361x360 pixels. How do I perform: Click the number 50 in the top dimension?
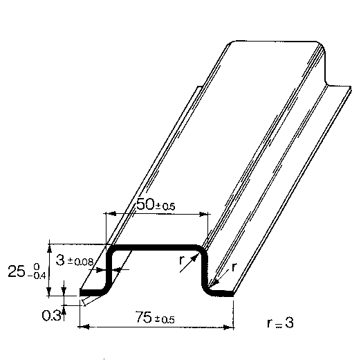click(145, 204)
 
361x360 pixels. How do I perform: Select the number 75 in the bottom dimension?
click(145, 317)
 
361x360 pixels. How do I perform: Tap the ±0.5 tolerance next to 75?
click(165, 319)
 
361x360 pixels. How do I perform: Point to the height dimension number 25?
click(17, 271)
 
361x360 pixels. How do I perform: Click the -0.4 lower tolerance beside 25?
click(37, 276)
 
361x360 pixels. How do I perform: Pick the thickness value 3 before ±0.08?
click(60, 260)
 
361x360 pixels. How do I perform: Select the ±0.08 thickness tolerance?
click(80, 262)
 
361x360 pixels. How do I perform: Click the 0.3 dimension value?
click(51, 316)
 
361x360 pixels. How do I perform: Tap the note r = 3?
click(280, 323)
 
